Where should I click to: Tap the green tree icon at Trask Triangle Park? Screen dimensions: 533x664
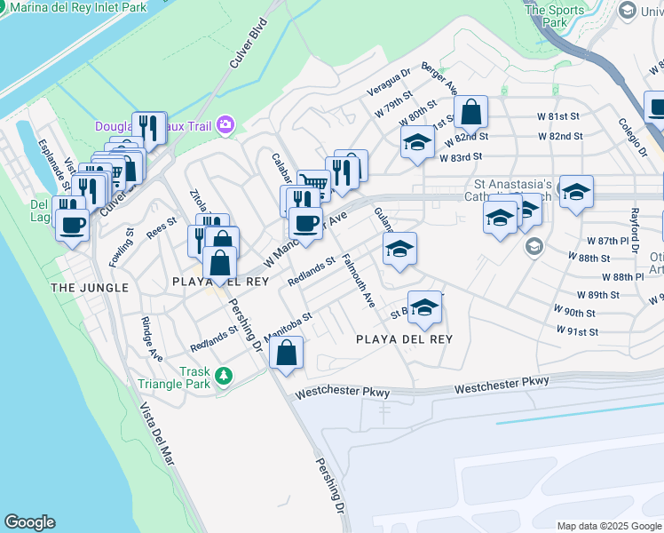coord(225,376)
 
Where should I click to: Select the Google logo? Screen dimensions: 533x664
coord(29,522)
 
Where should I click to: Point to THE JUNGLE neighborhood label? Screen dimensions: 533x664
coord(90,288)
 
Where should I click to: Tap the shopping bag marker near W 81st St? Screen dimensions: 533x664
coord(470,113)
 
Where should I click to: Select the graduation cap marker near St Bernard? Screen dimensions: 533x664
coord(425,307)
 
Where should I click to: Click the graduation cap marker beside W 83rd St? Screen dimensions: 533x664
coord(416,143)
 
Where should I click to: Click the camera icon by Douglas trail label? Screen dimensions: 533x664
coord(225,124)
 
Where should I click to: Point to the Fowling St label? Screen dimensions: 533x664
coord(121,248)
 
